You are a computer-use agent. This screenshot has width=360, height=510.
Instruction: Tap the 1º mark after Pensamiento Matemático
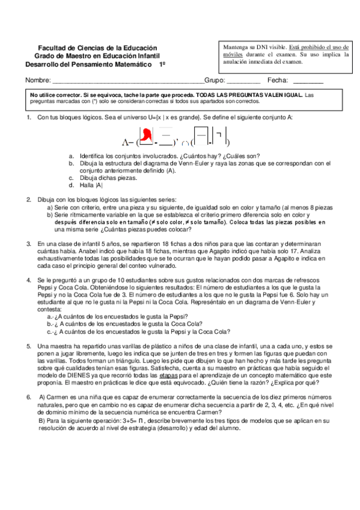click(162, 63)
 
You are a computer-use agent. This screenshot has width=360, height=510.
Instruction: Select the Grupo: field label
click(215, 81)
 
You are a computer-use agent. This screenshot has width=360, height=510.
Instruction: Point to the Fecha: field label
click(278, 81)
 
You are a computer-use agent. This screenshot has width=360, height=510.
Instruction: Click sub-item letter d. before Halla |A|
click(71, 185)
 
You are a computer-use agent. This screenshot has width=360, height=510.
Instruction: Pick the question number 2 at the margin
click(28, 199)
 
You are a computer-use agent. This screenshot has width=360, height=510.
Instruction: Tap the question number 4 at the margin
click(28, 280)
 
